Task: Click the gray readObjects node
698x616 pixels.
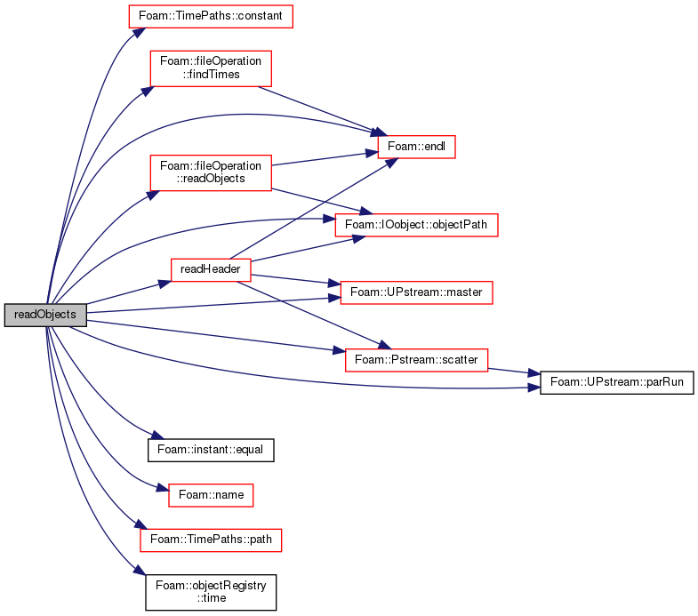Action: point(45,315)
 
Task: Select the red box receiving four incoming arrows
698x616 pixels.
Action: point(416,147)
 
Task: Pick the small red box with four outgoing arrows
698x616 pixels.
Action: point(211,270)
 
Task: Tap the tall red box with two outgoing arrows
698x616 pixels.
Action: point(210,172)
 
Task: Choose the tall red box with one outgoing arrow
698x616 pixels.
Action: point(210,68)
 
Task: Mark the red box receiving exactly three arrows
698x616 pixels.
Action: point(416,225)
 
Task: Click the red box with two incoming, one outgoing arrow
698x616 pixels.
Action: point(416,360)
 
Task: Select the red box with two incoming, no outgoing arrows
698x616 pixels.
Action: point(416,292)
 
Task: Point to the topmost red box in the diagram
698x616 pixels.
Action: point(210,16)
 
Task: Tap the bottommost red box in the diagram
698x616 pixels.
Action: point(211,540)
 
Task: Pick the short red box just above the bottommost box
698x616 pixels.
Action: point(211,495)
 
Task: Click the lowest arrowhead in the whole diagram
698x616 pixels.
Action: point(140,571)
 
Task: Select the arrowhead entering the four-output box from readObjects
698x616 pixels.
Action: point(164,283)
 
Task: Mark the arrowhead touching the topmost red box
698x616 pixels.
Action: point(139,32)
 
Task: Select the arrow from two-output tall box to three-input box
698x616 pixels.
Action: point(320,201)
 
